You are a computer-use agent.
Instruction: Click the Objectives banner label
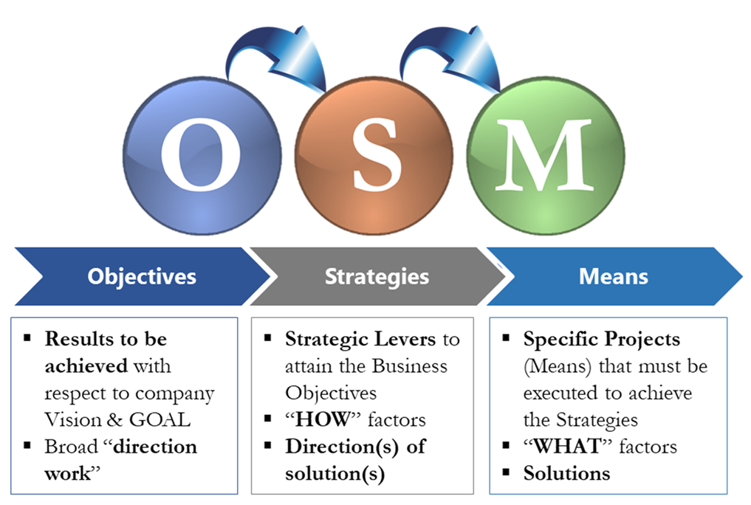(x=142, y=277)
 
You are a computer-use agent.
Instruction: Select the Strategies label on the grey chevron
(x=377, y=277)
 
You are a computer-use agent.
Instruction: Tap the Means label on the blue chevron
(x=613, y=277)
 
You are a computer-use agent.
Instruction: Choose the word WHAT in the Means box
(x=563, y=446)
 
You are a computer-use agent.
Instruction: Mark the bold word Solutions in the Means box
(x=566, y=473)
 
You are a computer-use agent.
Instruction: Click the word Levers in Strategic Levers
(x=405, y=340)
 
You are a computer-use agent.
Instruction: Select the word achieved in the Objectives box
(x=85, y=366)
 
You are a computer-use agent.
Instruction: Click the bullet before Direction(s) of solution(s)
(x=268, y=446)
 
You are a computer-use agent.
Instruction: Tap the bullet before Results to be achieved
(x=28, y=339)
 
